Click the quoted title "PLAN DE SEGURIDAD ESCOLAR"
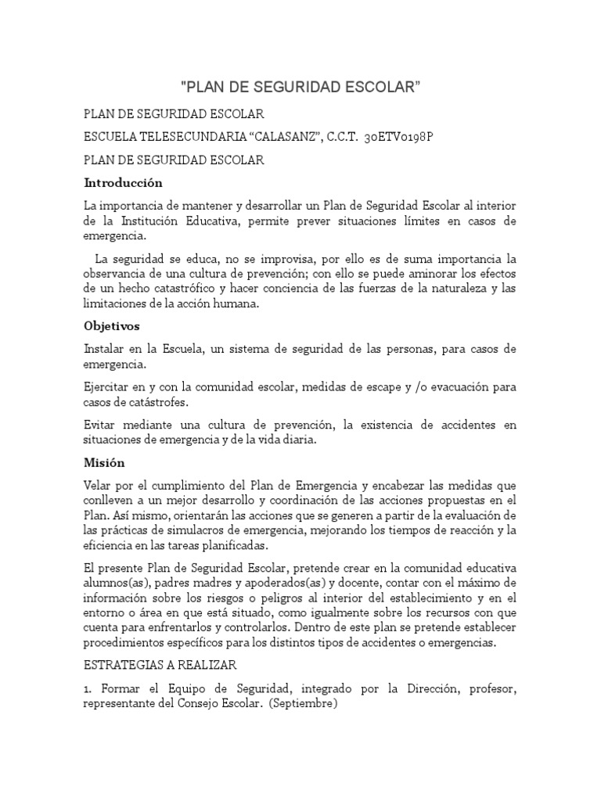click(x=300, y=86)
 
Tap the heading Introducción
click(x=124, y=183)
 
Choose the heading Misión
click(x=104, y=462)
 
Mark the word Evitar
click(x=99, y=425)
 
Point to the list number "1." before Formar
click(x=88, y=688)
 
